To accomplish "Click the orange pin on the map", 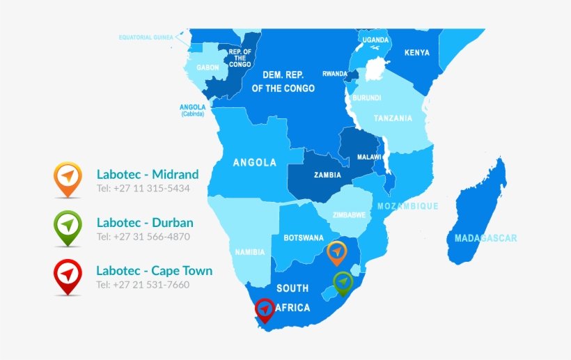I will [x=337, y=252].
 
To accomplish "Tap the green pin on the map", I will [x=343, y=283].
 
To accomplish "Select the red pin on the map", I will [x=265, y=309].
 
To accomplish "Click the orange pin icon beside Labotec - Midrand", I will [x=68, y=178].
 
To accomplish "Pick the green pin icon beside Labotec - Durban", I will [x=68, y=227].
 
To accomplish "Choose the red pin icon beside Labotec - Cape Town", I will [x=68, y=276].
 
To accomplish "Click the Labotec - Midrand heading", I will [x=147, y=174].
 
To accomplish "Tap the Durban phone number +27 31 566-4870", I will [x=143, y=237].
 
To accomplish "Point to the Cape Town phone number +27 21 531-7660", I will [x=143, y=285].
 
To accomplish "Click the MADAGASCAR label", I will [x=485, y=238].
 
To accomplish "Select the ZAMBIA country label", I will [x=327, y=175].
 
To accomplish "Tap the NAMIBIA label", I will [x=249, y=252].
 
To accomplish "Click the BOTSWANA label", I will [x=304, y=238].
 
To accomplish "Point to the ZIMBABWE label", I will [x=350, y=215].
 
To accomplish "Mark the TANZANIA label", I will [x=393, y=118].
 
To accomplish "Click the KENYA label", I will [x=417, y=53].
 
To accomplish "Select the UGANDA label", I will [x=375, y=40].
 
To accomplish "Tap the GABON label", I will [x=208, y=68].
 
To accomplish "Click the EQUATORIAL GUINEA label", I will [x=146, y=38].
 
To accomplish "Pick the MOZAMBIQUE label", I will [x=408, y=206].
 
